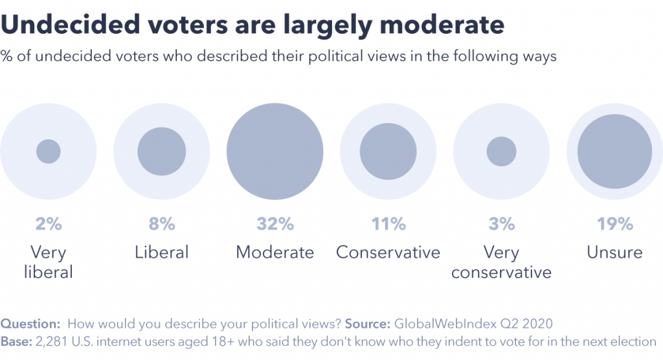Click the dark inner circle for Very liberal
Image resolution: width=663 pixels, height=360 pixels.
click(x=48, y=152)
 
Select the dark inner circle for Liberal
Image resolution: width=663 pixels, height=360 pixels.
click(x=161, y=152)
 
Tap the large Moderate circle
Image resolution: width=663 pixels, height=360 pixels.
click(x=275, y=152)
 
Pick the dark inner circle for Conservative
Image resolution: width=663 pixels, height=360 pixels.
click(x=388, y=152)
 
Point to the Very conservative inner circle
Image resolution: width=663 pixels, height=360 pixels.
click(x=501, y=152)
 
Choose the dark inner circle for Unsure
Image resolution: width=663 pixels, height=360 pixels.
click(x=614, y=152)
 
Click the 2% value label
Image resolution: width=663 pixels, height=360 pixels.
click(x=49, y=225)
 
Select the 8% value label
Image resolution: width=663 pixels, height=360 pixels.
click(x=161, y=225)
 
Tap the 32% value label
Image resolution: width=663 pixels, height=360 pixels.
click(x=275, y=225)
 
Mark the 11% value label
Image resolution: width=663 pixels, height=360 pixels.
click(x=388, y=225)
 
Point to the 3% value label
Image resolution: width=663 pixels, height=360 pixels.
click(x=501, y=225)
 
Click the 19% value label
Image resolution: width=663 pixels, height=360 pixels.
click(x=614, y=225)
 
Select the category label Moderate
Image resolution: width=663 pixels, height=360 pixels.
click(x=275, y=252)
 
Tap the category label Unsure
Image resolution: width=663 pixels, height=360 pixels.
click(x=614, y=252)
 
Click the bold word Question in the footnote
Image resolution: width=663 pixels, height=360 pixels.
click(x=30, y=324)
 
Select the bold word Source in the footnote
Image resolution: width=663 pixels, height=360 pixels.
click(x=368, y=324)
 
